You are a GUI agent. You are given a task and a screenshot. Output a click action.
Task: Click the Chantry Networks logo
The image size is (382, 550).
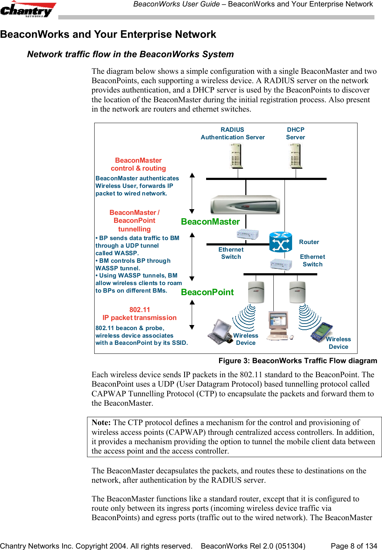coord(28,9)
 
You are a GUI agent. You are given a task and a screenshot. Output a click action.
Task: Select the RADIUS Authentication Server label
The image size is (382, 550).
coord(232,134)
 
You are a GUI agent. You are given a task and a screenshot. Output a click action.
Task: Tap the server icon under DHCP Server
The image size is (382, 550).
coord(295,156)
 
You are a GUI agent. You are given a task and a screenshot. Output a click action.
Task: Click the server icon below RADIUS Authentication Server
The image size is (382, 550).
coord(236,156)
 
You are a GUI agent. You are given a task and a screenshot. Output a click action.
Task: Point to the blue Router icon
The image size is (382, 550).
coord(281,242)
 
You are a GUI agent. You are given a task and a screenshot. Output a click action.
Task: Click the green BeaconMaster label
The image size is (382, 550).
coord(210,222)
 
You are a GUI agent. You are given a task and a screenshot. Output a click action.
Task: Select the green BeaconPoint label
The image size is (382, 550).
coord(207,292)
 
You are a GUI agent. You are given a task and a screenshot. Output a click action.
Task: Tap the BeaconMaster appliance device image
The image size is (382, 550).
coord(245,205)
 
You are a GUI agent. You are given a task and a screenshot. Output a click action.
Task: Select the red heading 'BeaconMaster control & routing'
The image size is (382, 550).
coord(138,164)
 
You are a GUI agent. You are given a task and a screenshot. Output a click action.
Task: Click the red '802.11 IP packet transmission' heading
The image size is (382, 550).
coord(140,314)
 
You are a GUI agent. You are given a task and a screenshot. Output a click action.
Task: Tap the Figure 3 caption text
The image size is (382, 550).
coord(297,361)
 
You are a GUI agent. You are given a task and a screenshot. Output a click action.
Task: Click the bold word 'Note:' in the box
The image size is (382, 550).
coord(101,423)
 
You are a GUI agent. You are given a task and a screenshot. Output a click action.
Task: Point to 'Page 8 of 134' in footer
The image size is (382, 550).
coord(354,546)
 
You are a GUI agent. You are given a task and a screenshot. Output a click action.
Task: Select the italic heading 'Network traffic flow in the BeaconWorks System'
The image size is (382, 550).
coord(130,54)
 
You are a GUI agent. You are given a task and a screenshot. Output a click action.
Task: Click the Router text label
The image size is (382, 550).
coord(309,242)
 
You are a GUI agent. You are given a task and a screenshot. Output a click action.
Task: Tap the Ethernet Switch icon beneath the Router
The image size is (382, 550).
coord(281,265)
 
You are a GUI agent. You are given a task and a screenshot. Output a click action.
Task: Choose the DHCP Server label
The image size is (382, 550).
coord(295,134)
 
